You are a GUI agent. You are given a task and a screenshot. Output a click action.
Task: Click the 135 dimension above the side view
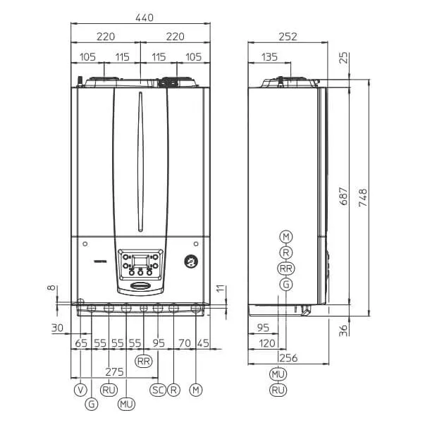tap(268, 56)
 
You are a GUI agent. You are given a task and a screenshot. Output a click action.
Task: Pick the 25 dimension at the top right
tap(343, 58)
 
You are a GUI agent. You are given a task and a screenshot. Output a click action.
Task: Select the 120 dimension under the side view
tap(267, 343)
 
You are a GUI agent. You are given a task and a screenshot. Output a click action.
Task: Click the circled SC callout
tap(157, 389)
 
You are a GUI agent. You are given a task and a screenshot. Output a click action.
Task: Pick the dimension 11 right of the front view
tap(219, 288)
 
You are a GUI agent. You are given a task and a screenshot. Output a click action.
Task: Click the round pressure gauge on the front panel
tap(190, 261)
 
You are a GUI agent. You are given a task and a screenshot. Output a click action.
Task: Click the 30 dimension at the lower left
tap(57, 327)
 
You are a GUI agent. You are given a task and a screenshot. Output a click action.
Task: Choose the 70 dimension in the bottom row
tap(185, 343)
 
